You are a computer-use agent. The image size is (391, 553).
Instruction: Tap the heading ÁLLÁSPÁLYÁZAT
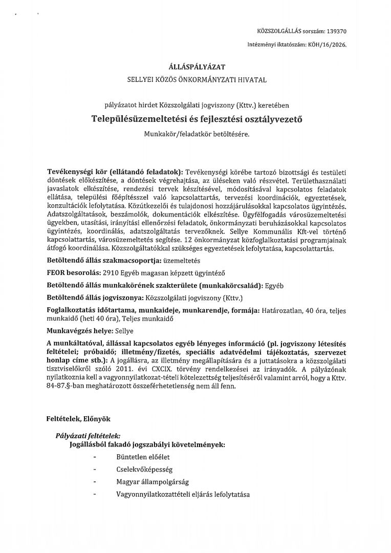click(197, 67)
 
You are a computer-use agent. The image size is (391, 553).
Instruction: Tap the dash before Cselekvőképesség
click(96, 469)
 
